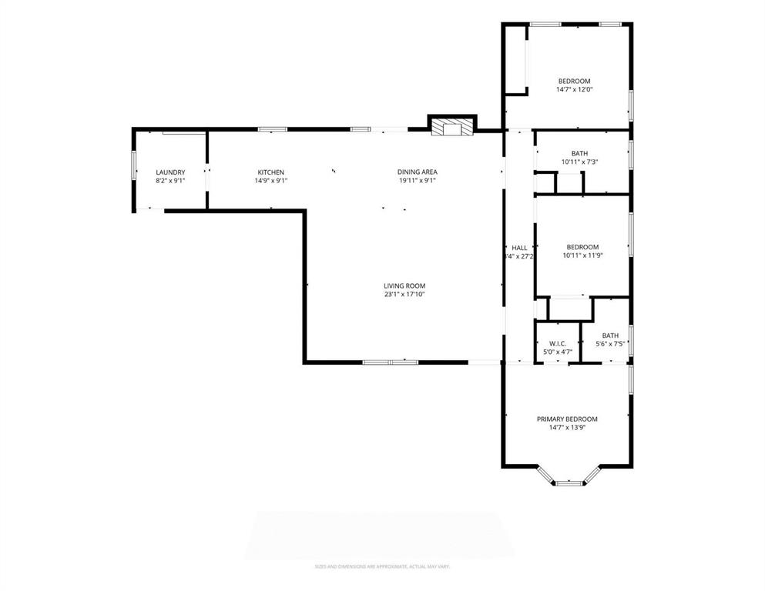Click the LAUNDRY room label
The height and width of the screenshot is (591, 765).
(x=170, y=172)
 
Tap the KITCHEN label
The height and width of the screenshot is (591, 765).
(x=271, y=172)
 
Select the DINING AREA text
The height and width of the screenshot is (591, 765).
(x=418, y=172)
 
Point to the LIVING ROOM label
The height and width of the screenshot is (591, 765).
(x=404, y=285)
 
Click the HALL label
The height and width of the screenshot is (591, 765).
(x=519, y=247)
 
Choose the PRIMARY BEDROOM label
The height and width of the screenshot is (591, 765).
(x=567, y=419)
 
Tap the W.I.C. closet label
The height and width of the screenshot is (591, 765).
(x=558, y=343)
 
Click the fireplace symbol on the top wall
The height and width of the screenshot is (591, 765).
(x=451, y=127)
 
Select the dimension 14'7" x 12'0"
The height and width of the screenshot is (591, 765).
(x=575, y=90)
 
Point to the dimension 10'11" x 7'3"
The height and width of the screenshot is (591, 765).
(x=580, y=162)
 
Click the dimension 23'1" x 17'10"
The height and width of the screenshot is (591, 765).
(x=404, y=294)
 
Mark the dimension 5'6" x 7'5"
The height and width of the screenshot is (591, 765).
(x=610, y=344)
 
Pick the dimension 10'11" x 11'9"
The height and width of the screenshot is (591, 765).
(x=581, y=255)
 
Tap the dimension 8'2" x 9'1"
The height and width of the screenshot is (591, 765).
(x=170, y=181)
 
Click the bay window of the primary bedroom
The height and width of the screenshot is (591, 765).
(x=569, y=482)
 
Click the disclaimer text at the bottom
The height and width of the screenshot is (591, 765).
(x=382, y=567)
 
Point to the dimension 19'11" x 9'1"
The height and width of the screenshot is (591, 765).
(x=418, y=181)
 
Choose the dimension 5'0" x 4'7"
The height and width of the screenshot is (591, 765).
(x=558, y=352)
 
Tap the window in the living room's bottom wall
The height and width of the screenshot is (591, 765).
(x=390, y=361)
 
